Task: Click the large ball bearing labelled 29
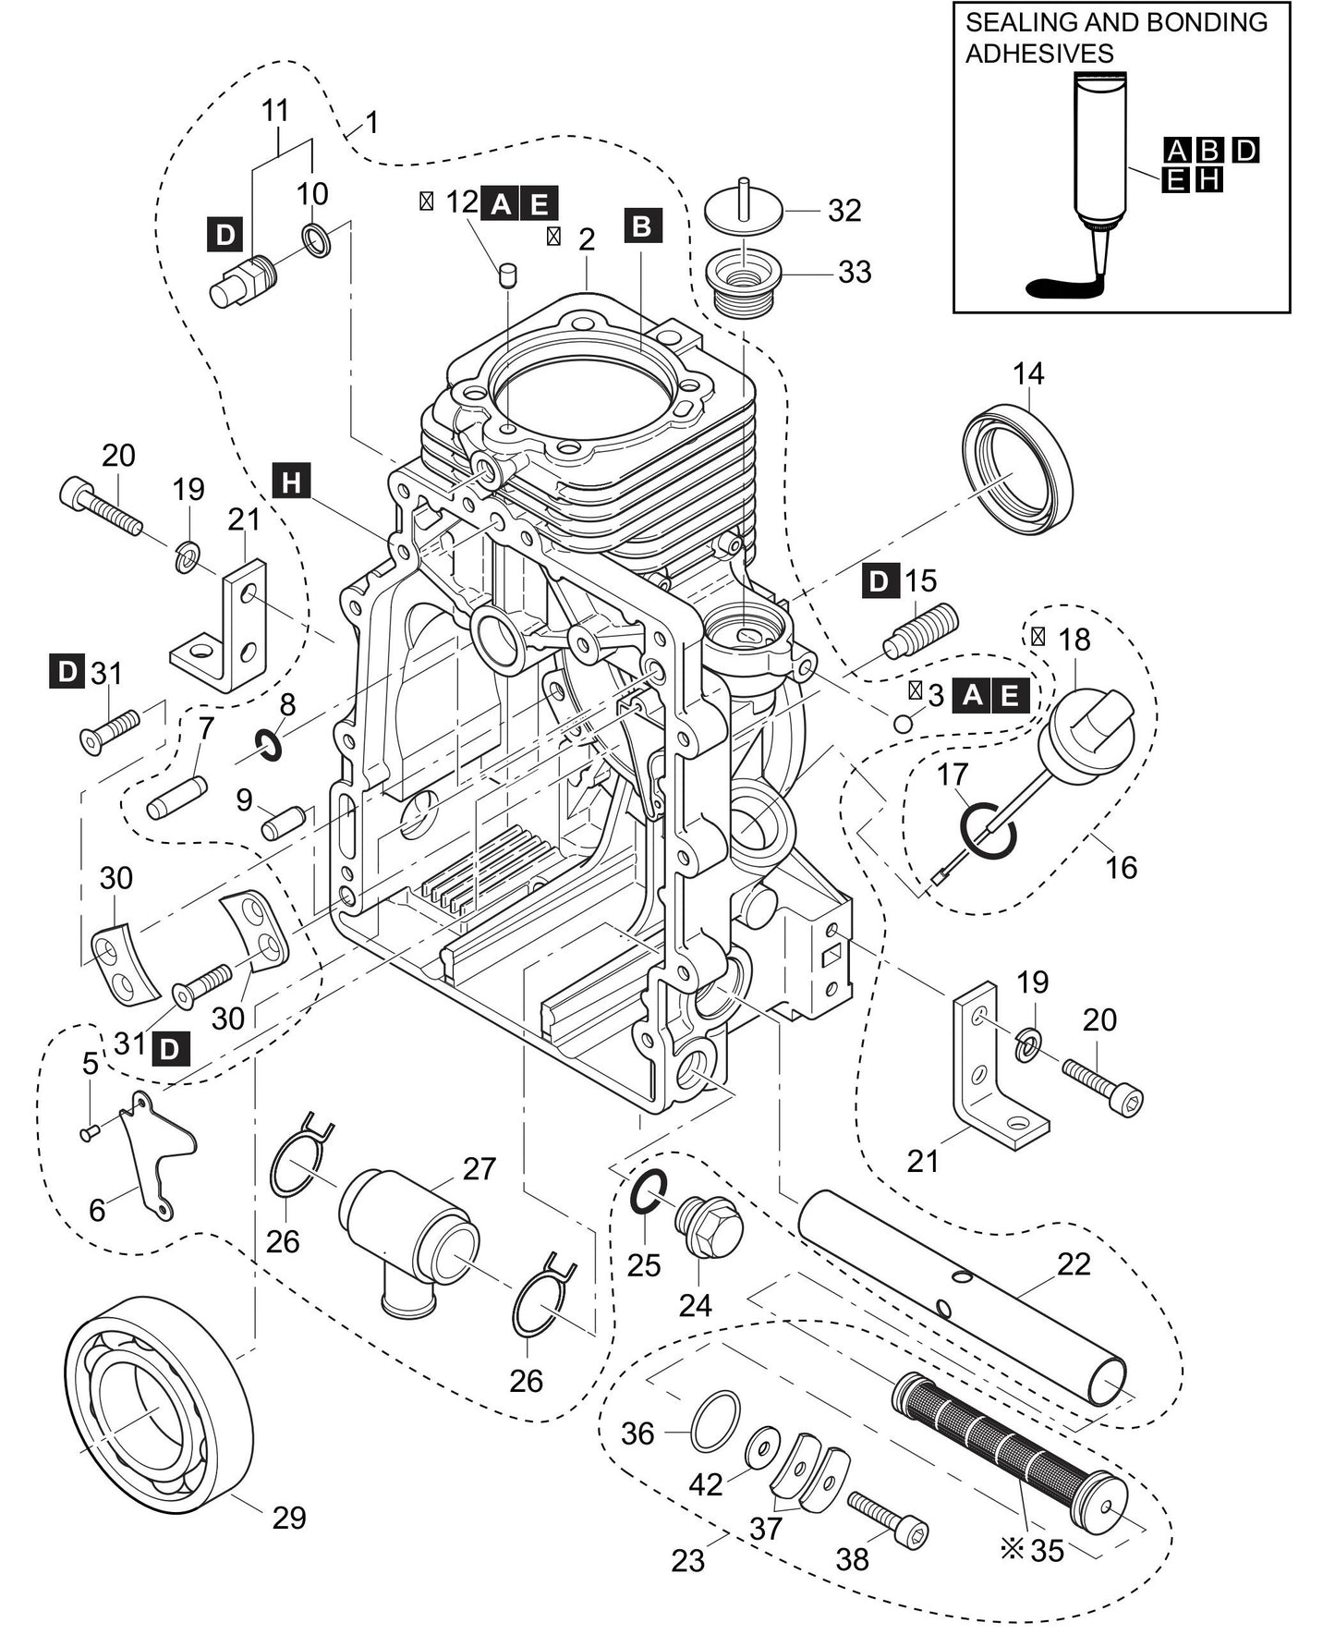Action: [x=157, y=1405]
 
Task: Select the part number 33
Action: [x=855, y=273]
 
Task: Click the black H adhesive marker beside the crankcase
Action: [x=292, y=482]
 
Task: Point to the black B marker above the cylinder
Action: [x=643, y=226]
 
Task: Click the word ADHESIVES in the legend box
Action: [x=1039, y=54]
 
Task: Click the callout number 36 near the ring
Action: [x=637, y=1433]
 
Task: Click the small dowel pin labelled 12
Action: [x=507, y=274]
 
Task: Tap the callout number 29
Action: [x=288, y=1517]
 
